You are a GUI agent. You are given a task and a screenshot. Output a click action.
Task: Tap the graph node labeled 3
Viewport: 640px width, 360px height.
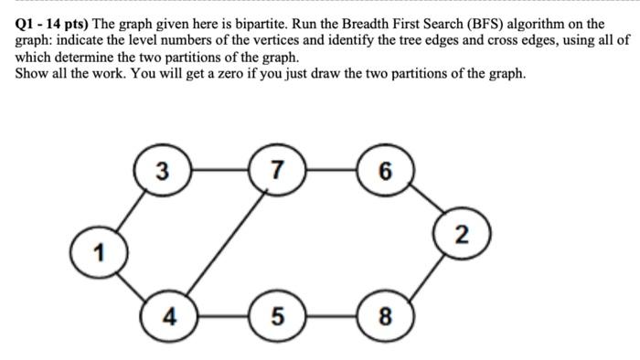coord(161,170)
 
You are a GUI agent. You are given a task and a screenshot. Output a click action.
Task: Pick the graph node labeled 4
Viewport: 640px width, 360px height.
coord(168,316)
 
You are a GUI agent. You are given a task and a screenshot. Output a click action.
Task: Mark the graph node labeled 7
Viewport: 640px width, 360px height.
coord(278,170)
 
